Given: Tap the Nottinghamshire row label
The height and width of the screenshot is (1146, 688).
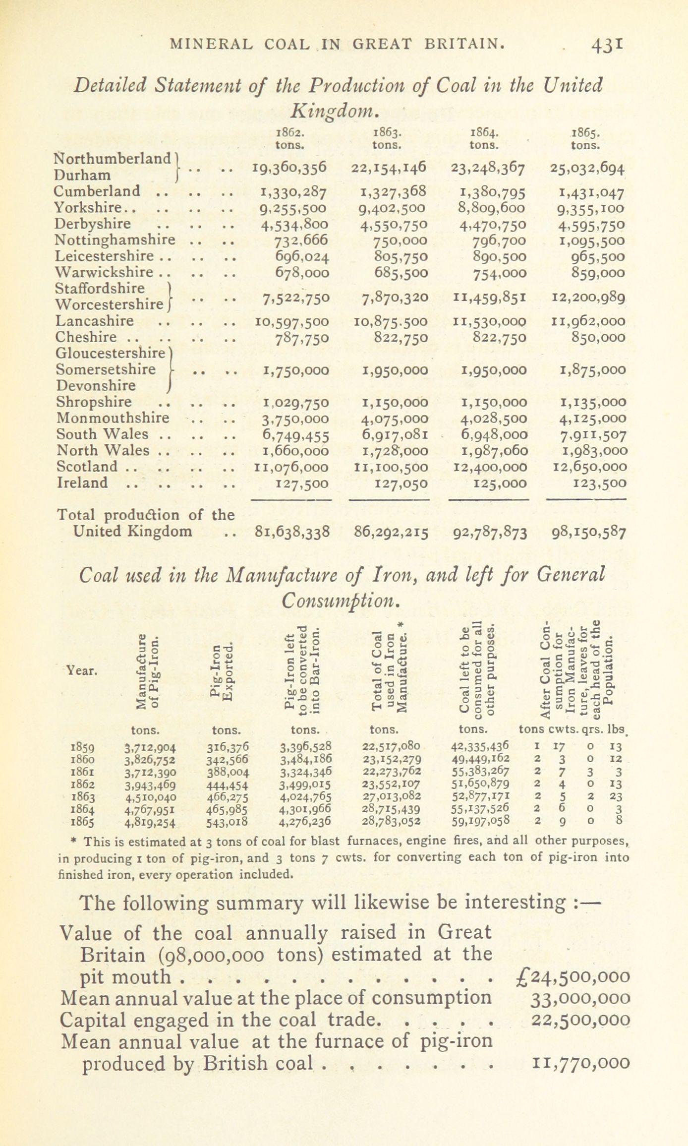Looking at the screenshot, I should pyautogui.click(x=115, y=240).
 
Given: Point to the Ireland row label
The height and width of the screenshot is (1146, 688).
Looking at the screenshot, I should pyautogui.click(x=82, y=483).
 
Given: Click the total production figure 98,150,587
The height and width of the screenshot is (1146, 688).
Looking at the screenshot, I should pyautogui.click(x=589, y=533).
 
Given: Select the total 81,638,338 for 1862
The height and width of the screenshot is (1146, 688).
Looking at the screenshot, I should pyautogui.click(x=291, y=532).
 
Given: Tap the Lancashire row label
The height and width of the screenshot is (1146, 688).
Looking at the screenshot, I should pyautogui.click(x=94, y=321).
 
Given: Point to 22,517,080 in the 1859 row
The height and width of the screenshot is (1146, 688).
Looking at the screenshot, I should pyautogui.click(x=392, y=746).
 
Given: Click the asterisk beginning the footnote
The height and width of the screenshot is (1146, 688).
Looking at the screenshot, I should pyautogui.click(x=73, y=842).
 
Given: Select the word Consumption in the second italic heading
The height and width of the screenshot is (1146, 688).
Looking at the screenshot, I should pyautogui.click(x=340, y=601).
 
